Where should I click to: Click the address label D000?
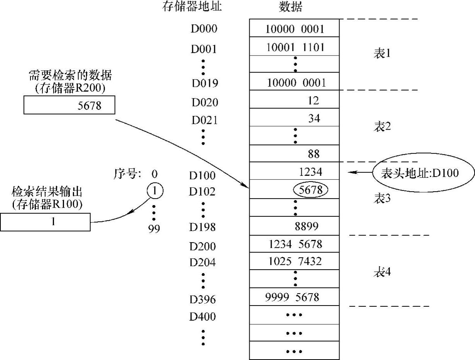(204, 29)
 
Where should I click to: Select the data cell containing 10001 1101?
(295, 47)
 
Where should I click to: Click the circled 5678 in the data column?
(311, 190)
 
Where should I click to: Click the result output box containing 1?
(45, 222)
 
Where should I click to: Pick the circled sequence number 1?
(154, 190)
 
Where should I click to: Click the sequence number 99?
(154, 229)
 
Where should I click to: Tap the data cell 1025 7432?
(295, 262)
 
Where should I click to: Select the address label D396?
(203, 299)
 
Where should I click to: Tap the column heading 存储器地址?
(193, 7)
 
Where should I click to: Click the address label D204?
(203, 263)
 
